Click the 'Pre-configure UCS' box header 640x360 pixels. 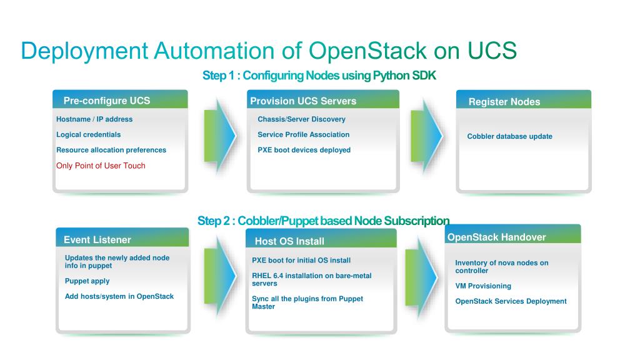(x=107, y=101)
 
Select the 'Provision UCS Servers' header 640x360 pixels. (x=303, y=101)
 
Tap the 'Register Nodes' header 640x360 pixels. (x=504, y=102)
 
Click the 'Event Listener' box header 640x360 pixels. (x=97, y=239)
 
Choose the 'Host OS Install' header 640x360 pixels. (x=289, y=241)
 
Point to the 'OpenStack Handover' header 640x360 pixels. (x=496, y=237)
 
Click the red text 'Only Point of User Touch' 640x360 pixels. (x=101, y=166)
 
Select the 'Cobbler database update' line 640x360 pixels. (x=509, y=136)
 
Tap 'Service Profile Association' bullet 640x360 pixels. (x=303, y=134)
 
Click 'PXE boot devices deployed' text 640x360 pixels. (x=304, y=150)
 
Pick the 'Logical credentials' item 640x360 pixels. (x=88, y=134)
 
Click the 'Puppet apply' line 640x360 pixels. (x=87, y=281)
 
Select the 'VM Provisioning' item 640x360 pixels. (x=482, y=286)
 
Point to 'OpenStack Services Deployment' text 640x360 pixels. (x=511, y=301)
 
